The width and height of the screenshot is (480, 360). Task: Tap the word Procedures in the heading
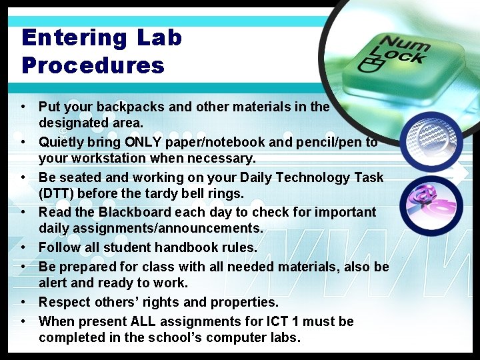click(x=93, y=65)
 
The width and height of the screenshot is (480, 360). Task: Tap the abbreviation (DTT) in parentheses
click(x=56, y=194)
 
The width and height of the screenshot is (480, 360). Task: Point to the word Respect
click(x=61, y=302)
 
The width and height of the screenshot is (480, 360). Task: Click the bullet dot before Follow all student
click(x=23, y=247)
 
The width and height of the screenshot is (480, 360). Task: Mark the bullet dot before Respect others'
click(x=23, y=302)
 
